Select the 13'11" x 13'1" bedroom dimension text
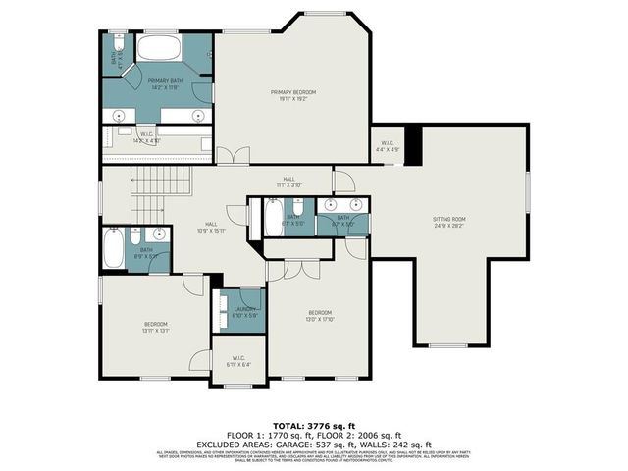pyautogui.click(x=156, y=331)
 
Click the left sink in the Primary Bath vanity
pyautogui.click(x=122, y=116)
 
